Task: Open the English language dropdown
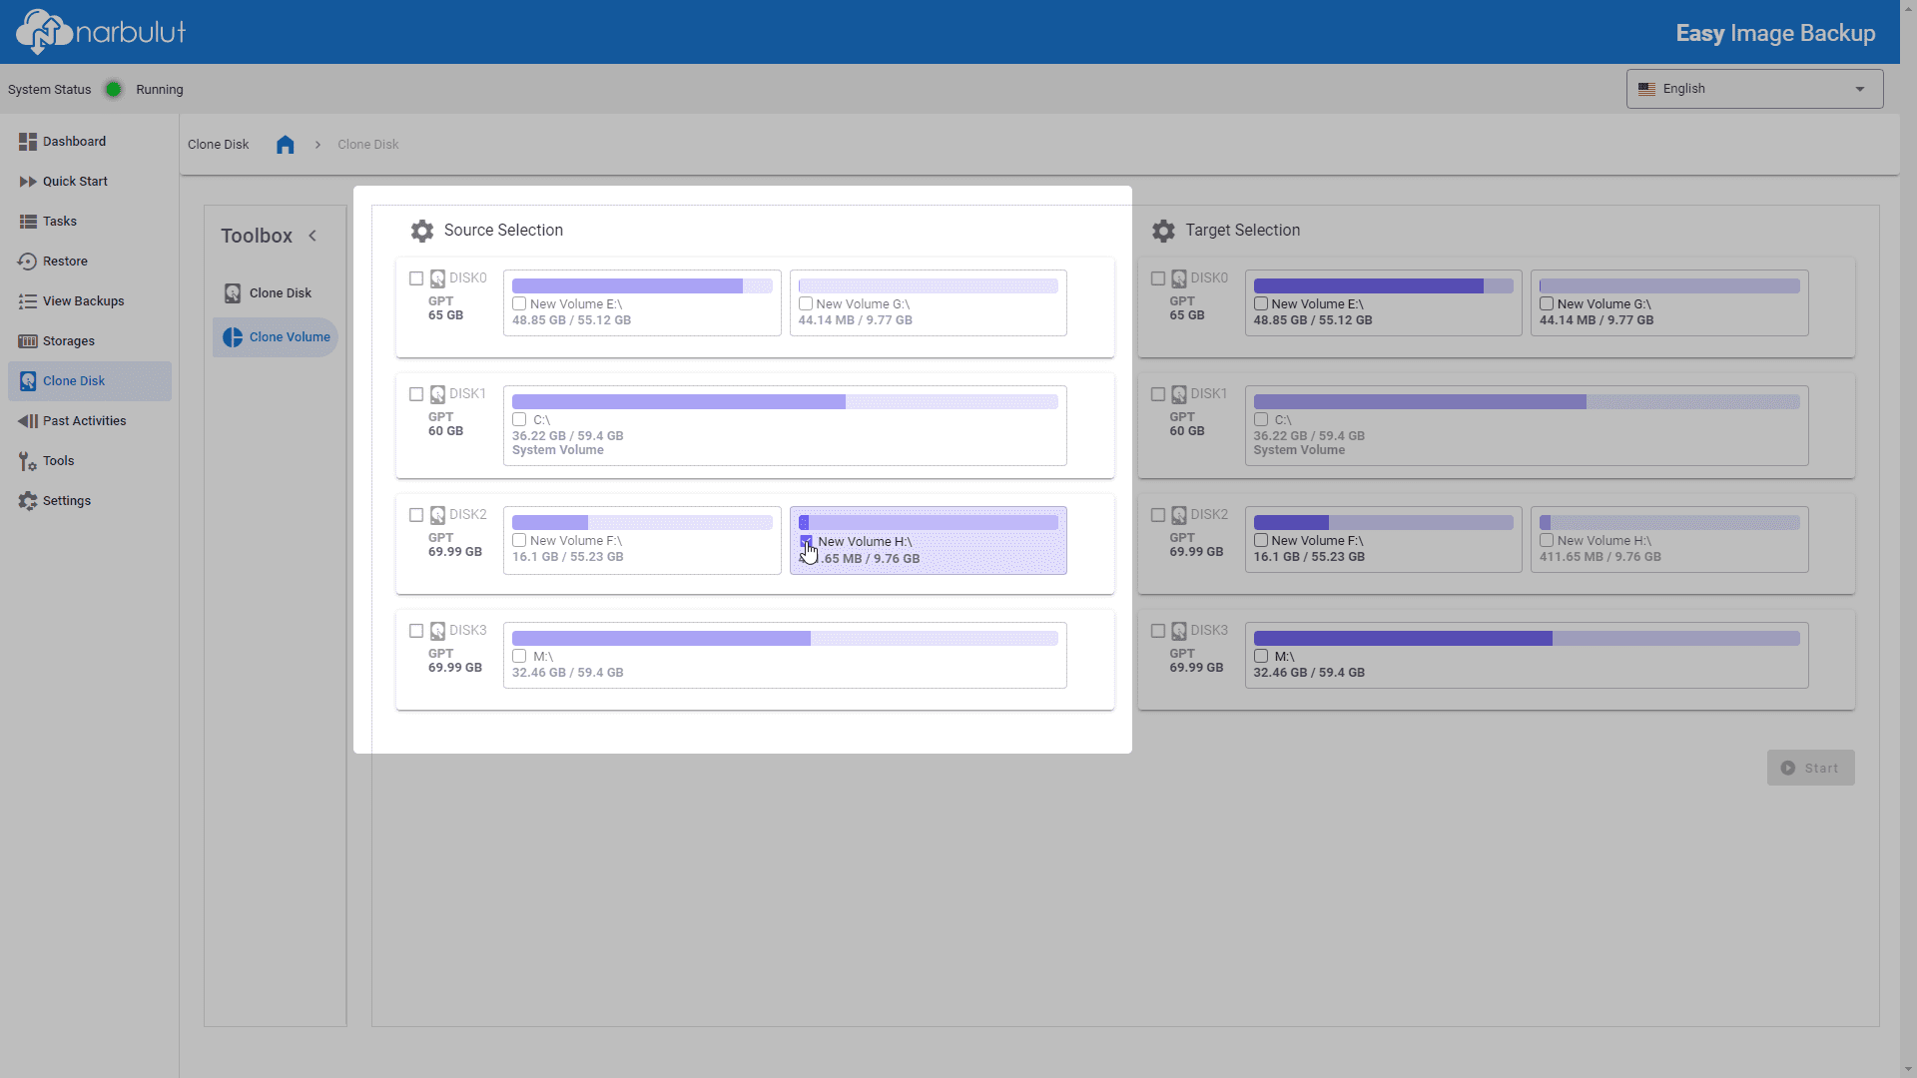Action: tap(1754, 89)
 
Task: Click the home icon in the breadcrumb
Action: tap(286, 145)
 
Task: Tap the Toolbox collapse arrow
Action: tap(313, 236)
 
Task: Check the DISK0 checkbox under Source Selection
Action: tap(416, 278)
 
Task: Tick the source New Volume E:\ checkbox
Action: tap(519, 303)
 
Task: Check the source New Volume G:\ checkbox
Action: tap(806, 303)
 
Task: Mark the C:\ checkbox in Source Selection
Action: tap(519, 419)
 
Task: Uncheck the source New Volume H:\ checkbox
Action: tap(806, 541)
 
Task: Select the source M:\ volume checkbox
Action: tap(519, 656)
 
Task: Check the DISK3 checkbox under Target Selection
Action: tap(1158, 631)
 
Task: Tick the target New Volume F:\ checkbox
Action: tap(1261, 540)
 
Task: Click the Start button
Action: tap(1811, 768)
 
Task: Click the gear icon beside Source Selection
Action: tap(422, 231)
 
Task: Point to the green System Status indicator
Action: tap(114, 89)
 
